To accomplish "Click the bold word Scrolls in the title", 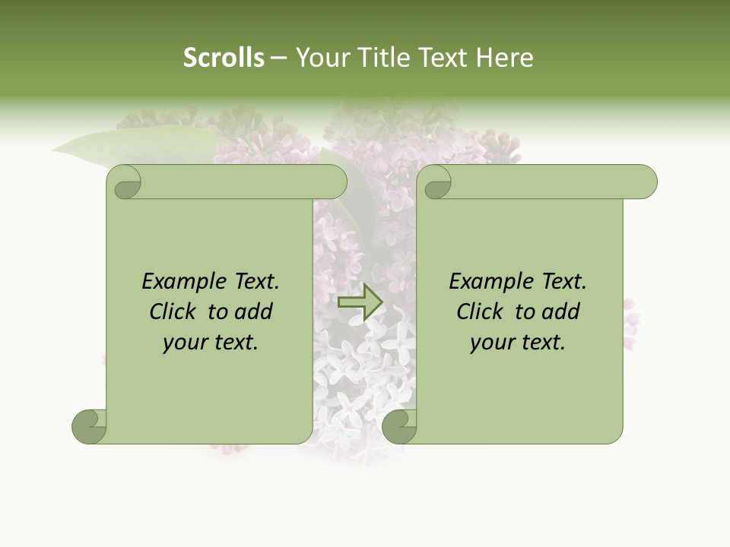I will coord(224,57).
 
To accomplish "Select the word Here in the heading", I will coord(504,57).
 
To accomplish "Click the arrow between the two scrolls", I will coord(360,302).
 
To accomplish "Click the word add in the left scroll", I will coord(255,312).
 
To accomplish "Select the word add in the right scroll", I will coord(562,312).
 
